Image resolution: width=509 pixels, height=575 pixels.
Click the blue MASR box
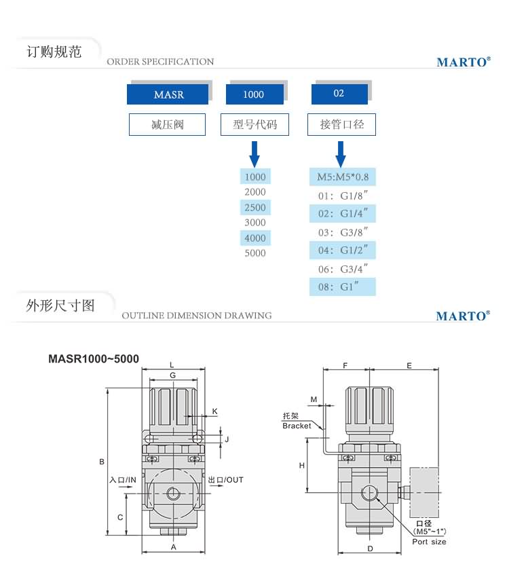[168, 94]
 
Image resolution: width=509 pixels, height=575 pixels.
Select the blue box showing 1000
[254, 94]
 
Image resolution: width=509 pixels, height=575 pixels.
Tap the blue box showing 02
[339, 94]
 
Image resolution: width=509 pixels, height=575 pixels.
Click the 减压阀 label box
[167, 125]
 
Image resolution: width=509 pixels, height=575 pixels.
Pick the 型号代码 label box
[254, 125]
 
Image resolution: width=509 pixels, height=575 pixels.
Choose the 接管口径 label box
[341, 125]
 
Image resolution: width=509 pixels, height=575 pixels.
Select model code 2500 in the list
[255, 207]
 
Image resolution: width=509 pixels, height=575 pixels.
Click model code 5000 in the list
[255, 253]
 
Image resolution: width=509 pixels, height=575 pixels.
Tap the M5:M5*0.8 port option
[343, 178]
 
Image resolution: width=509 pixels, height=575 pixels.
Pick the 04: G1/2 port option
[343, 250]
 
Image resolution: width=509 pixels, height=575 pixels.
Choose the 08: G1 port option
[343, 286]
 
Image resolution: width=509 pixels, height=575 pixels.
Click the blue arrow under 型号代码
[254, 154]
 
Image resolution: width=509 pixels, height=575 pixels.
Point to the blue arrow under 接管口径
[341, 154]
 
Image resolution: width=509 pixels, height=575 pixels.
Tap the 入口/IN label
[123, 480]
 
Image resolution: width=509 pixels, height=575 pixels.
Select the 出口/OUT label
[226, 480]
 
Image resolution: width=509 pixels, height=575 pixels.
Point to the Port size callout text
[430, 542]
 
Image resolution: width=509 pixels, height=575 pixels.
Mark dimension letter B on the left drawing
[102, 462]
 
